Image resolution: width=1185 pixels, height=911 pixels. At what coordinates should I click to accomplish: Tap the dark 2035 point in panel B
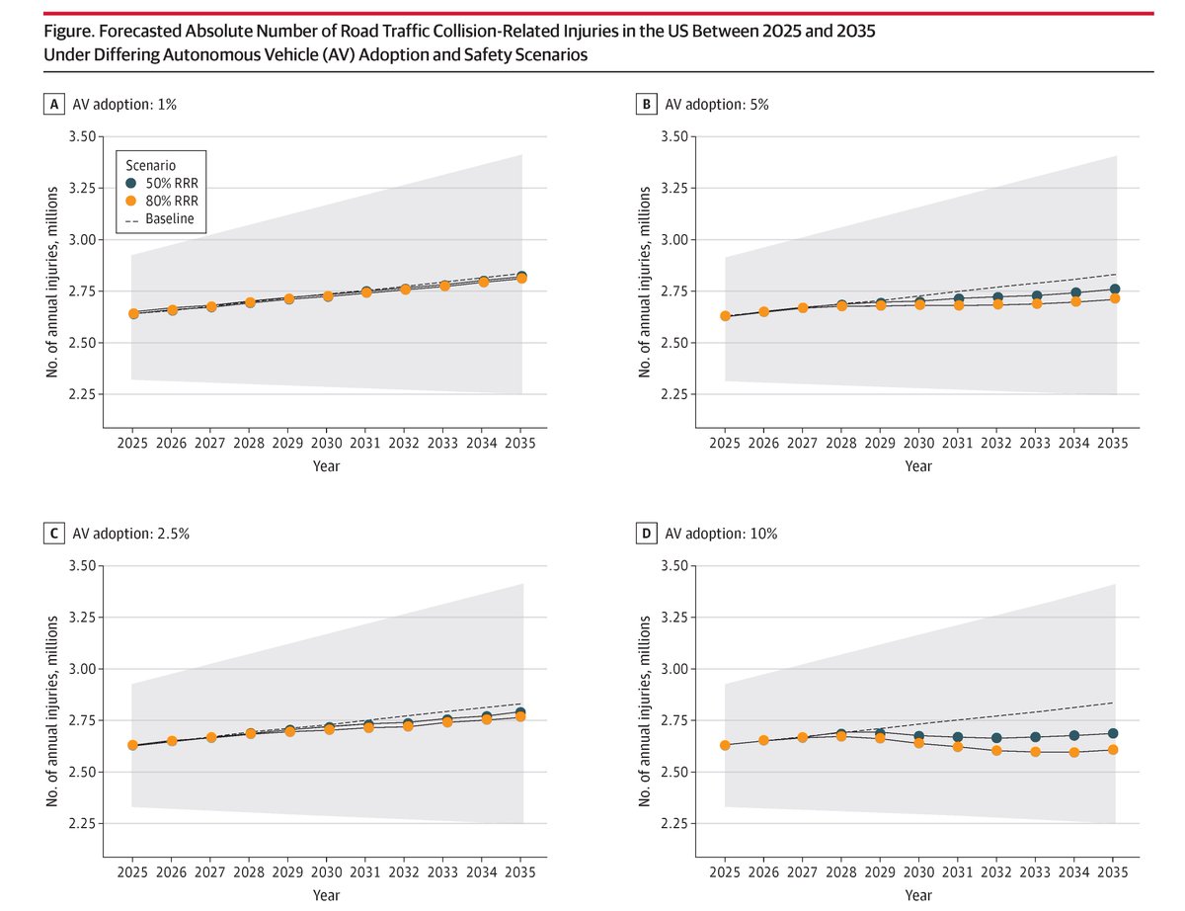pos(1114,289)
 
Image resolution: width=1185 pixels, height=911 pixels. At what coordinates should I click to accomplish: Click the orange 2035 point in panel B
pos(1114,298)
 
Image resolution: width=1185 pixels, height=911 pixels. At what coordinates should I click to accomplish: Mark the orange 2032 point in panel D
pos(997,750)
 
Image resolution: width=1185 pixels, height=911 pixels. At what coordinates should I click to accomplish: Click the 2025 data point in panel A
pos(132,313)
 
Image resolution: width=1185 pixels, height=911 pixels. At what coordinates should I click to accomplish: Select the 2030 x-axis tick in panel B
pos(919,444)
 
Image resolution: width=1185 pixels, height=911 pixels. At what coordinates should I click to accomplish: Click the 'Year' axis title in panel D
pos(919,894)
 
